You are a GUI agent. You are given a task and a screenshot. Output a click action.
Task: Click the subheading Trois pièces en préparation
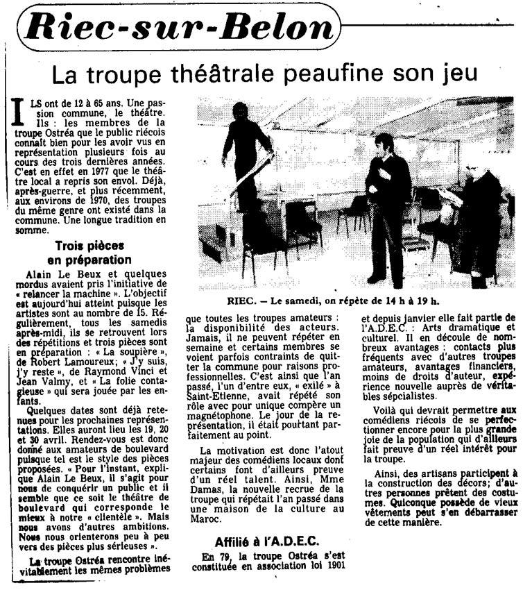pyautogui.click(x=94, y=252)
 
